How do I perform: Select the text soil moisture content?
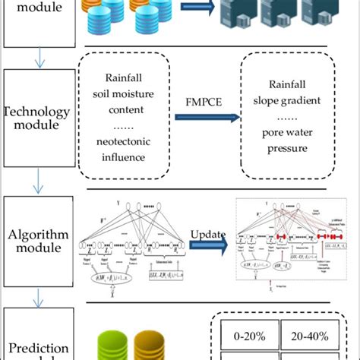126,105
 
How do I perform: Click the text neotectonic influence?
126,150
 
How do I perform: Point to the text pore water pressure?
287,141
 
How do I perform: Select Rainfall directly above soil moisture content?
126,78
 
